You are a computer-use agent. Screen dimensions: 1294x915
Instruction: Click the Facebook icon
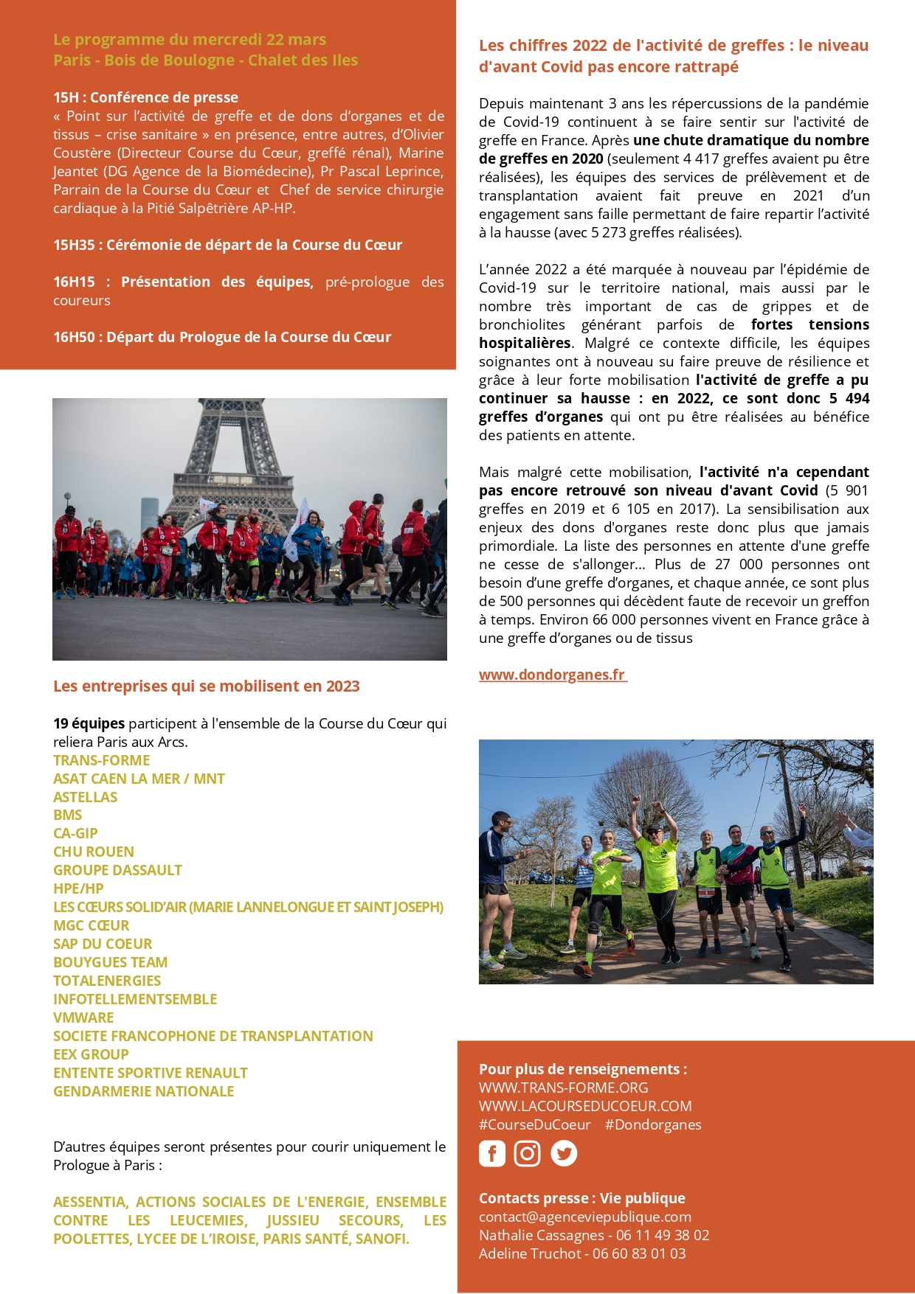click(492, 1153)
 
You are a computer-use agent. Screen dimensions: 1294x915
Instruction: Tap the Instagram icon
click(527, 1153)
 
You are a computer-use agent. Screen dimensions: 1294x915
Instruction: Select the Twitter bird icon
click(564, 1153)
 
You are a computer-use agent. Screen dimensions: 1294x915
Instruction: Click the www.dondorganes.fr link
click(553, 675)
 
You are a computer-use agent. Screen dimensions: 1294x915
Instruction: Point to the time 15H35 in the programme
click(75, 245)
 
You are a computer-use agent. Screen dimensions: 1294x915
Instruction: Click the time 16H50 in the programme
click(75, 337)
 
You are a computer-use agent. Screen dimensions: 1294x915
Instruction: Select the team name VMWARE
click(83, 1018)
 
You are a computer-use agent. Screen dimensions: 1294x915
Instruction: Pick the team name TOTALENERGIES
click(107, 981)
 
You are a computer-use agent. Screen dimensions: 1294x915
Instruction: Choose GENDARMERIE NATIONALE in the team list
click(144, 1091)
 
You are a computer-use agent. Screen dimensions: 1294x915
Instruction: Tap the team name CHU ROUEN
click(94, 852)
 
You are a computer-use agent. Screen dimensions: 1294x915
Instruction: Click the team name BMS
click(68, 815)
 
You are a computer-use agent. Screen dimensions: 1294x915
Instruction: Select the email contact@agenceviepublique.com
click(585, 1217)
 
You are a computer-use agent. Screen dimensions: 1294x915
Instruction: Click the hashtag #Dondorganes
click(653, 1124)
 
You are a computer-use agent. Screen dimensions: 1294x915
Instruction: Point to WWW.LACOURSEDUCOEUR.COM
click(585, 1106)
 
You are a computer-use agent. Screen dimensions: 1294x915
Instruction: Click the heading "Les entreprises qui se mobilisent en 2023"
click(207, 686)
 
